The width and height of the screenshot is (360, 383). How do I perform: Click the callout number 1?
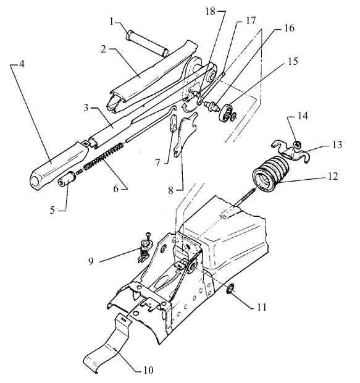(x=111, y=22)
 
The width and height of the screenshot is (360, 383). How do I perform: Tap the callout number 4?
(x=22, y=64)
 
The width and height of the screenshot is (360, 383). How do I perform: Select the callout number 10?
(x=148, y=370)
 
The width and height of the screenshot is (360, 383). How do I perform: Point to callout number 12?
(x=333, y=176)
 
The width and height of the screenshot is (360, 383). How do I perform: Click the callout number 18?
(x=211, y=11)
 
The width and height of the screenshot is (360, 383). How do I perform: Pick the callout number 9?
(x=91, y=261)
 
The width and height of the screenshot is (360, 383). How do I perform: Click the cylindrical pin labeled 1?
(x=147, y=44)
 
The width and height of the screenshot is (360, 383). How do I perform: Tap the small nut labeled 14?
(x=297, y=145)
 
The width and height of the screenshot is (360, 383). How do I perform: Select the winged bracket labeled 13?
(x=291, y=152)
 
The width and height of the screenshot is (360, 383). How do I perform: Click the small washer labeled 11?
(x=230, y=290)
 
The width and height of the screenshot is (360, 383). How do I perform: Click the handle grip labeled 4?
(x=59, y=166)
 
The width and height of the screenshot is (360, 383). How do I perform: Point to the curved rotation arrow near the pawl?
(x=187, y=108)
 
